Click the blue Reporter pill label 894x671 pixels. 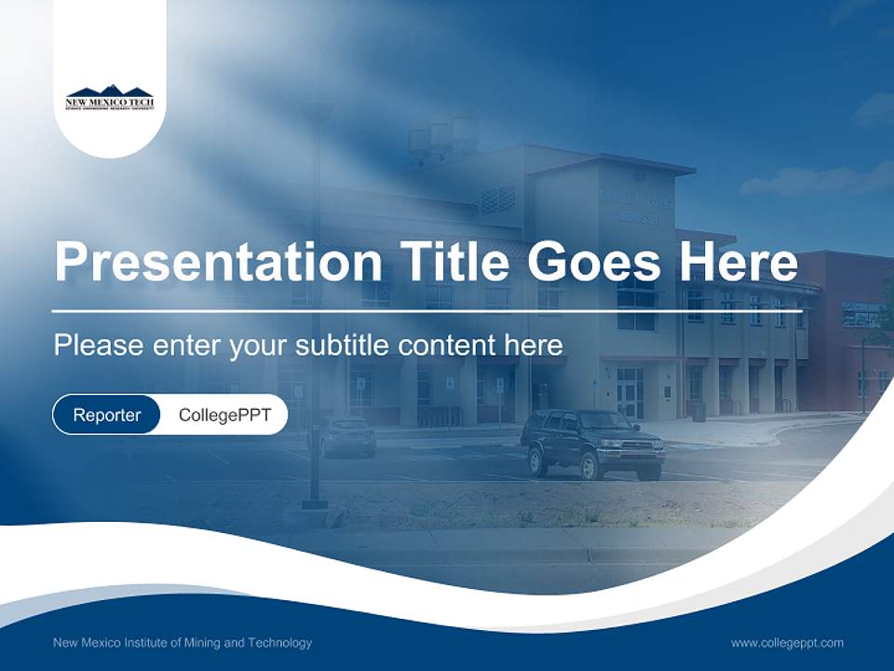107,415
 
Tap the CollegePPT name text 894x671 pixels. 224,415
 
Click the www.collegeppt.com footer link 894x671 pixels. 787,642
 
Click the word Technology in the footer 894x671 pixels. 278,642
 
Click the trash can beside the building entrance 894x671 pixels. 698,410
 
